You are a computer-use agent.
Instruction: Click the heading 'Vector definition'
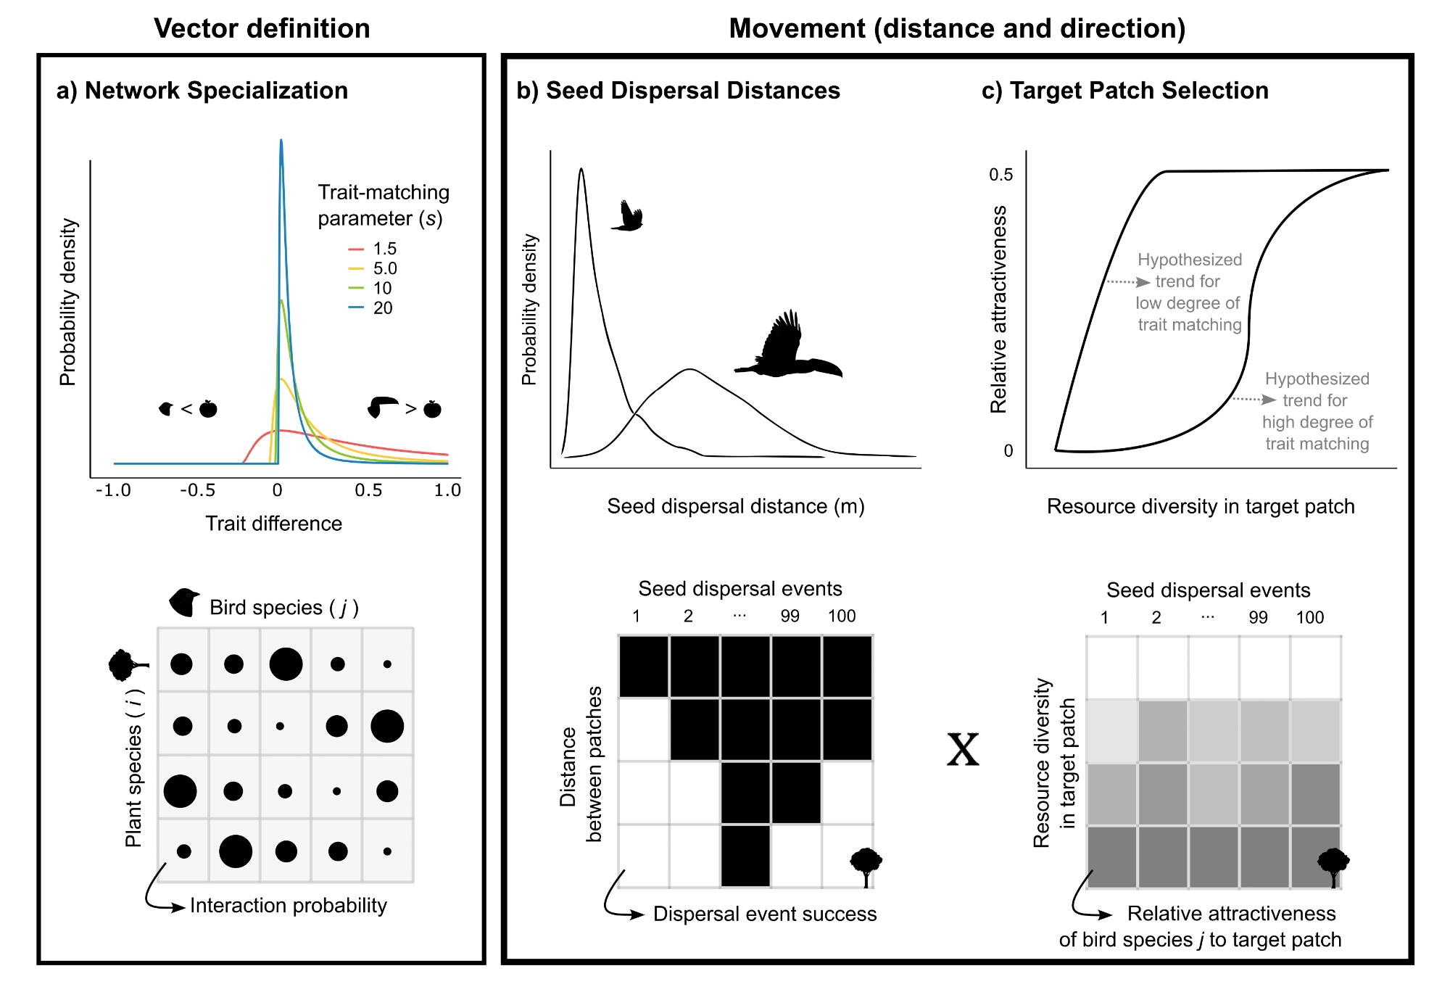click(262, 28)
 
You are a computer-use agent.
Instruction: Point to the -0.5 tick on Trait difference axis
click(197, 490)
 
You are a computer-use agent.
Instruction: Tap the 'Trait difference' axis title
click(273, 524)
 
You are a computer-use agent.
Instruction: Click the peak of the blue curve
click(281, 141)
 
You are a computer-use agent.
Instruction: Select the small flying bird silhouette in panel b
click(629, 217)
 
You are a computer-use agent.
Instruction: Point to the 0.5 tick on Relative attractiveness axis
click(1001, 175)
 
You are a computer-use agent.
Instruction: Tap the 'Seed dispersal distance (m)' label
click(736, 506)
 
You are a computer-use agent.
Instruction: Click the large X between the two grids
click(963, 750)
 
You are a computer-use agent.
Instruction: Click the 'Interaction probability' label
click(288, 906)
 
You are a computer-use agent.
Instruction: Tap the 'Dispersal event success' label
click(765, 914)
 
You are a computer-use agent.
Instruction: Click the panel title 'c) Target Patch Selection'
click(1124, 91)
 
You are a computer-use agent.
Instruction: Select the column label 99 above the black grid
click(790, 616)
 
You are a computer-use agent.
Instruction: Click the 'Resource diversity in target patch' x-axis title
click(1201, 506)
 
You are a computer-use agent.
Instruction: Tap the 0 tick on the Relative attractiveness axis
click(1008, 451)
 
